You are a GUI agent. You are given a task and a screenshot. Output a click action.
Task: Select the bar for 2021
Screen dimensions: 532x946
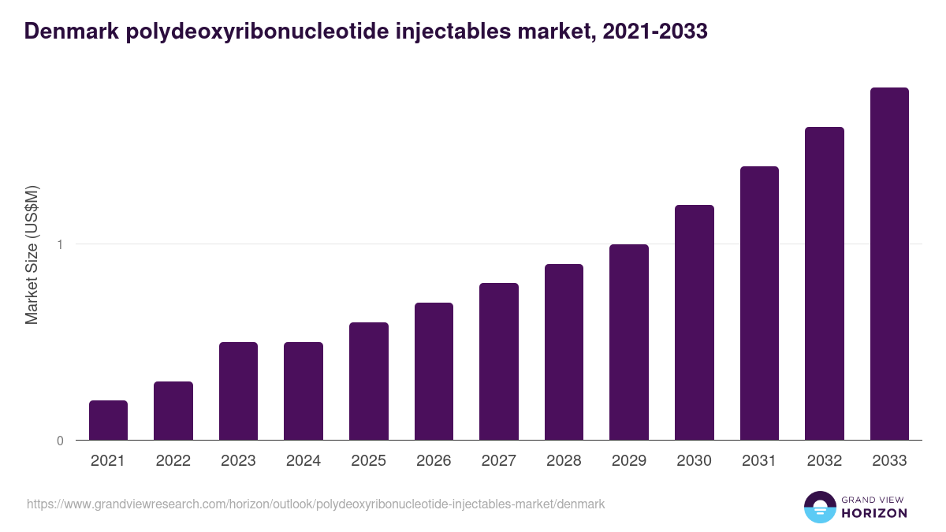(x=108, y=420)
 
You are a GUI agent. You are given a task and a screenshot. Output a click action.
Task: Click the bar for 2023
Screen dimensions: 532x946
(x=238, y=391)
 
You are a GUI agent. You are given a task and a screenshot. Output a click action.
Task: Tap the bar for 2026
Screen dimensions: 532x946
(x=434, y=371)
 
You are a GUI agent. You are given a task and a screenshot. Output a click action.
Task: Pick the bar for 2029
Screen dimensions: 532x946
(x=629, y=342)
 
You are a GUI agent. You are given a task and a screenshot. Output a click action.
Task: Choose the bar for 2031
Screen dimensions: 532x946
(x=759, y=303)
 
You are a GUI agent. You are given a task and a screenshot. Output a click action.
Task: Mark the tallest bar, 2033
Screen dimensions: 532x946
(x=889, y=264)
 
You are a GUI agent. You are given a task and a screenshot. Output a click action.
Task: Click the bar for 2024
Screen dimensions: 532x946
(x=304, y=391)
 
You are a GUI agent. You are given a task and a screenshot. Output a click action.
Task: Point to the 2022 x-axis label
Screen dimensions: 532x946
(x=173, y=461)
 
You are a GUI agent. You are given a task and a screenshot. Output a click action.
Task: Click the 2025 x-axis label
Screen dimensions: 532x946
(x=368, y=461)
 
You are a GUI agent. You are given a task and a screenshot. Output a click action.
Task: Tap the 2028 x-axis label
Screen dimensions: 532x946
(x=564, y=461)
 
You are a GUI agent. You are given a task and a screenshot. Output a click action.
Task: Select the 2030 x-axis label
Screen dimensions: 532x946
(x=694, y=461)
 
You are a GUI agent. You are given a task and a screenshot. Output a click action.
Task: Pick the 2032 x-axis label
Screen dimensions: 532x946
(x=824, y=461)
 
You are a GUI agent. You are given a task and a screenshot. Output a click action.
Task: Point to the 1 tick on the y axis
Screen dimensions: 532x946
(x=59, y=244)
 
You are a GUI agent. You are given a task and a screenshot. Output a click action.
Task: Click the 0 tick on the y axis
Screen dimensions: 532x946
(x=59, y=441)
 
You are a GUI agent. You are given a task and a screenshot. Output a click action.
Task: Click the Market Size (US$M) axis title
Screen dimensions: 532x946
(x=32, y=255)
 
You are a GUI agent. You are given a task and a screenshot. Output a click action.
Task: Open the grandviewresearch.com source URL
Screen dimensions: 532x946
(x=315, y=504)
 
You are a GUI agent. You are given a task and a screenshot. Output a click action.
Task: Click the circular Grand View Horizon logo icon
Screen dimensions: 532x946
(x=819, y=507)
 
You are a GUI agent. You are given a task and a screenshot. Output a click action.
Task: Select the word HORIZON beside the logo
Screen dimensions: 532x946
(x=875, y=513)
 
